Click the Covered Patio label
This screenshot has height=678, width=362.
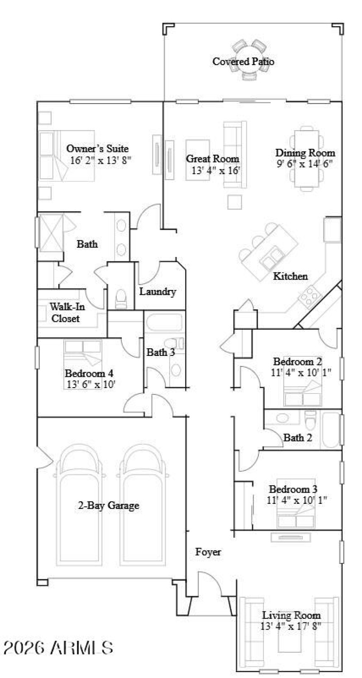click(x=243, y=62)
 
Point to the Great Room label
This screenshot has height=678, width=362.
click(x=213, y=159)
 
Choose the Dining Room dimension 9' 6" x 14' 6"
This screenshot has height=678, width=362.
click(x=305, y=164)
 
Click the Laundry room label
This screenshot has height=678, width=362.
click(x=157, y=292)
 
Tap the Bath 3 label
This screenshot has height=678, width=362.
click(x=160, y=352)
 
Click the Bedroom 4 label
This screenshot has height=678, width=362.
click(x=89, y=374)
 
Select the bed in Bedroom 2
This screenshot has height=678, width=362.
click(x=303, y=390)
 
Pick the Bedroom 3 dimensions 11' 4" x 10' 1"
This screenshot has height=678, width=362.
click(x=297, y=500)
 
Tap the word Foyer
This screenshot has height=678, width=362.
click(x=208, y=552)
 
